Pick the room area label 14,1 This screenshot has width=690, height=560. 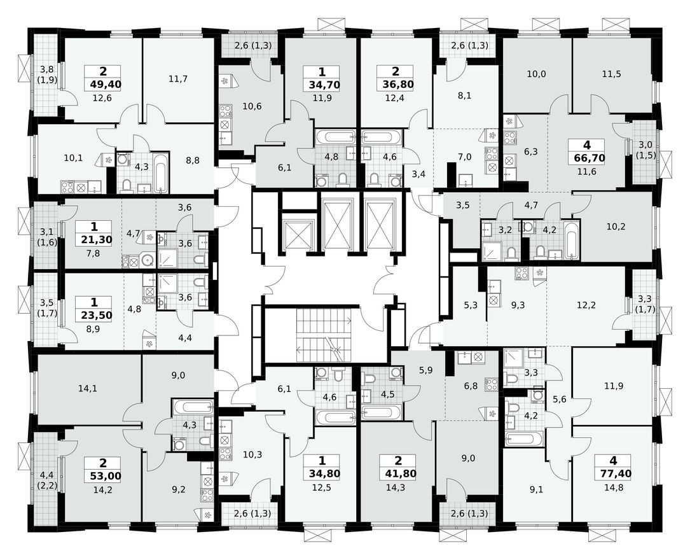pyautogui.click(x=71, y=388)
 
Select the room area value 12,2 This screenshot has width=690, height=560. pyautogui.click(x=586, y=305)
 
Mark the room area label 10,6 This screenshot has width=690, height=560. pyautogui.click(x=252, y=106)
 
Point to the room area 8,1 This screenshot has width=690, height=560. pyautogui.click(x=464, y=97)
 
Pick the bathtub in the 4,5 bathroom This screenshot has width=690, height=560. pyautogui.click(x=381, y=412)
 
